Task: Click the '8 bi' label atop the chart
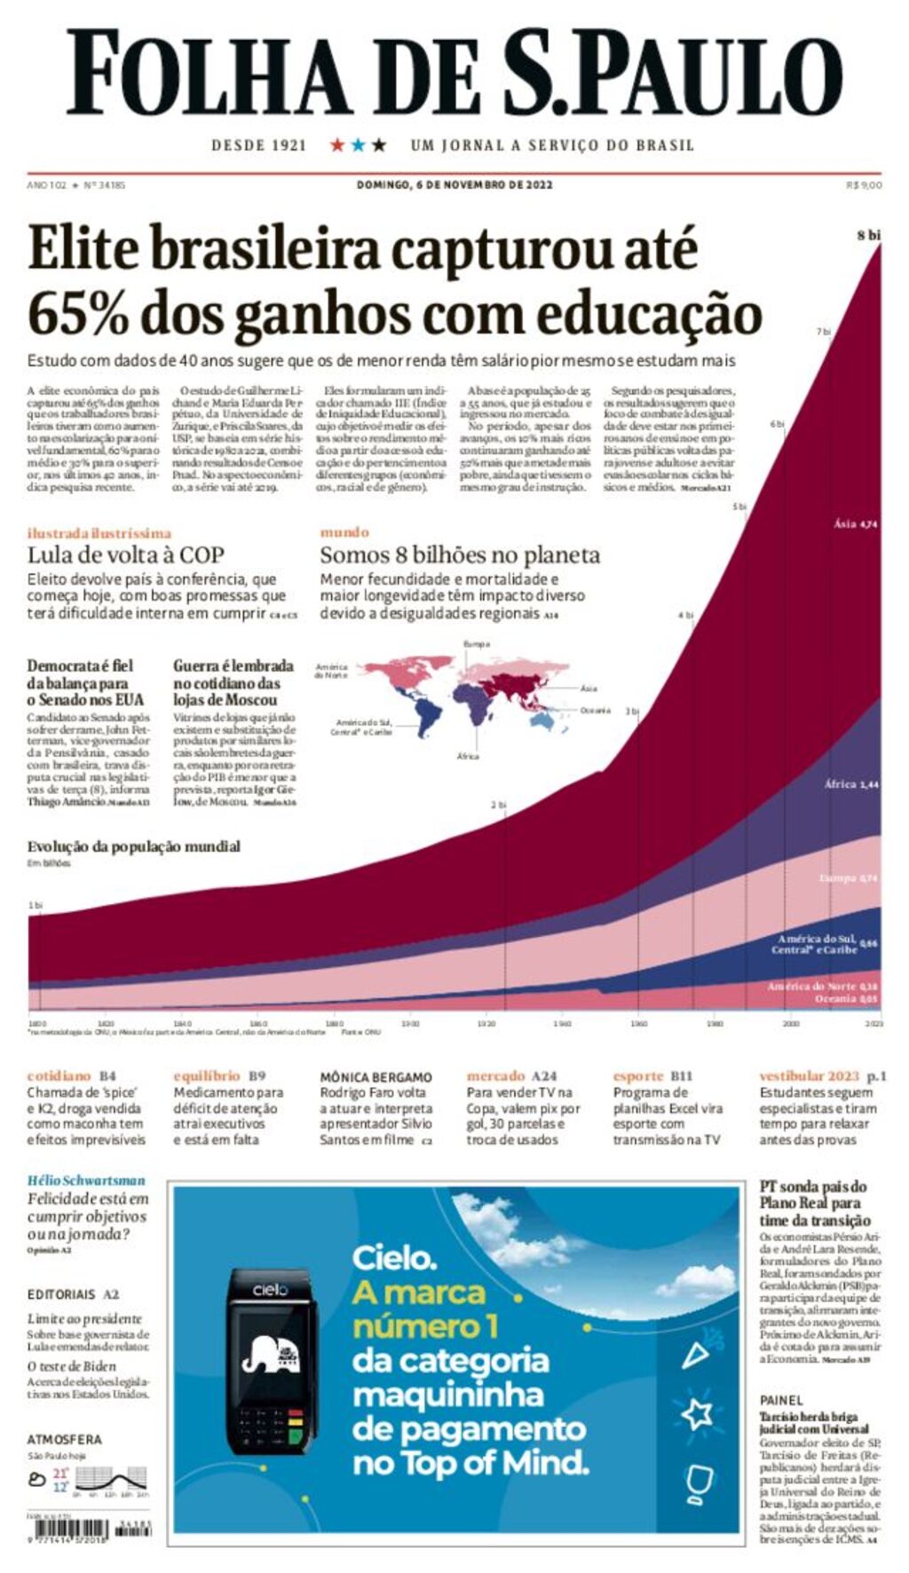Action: (868, 235)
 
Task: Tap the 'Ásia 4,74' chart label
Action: (856, 523)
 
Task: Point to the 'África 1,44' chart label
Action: (850, 784)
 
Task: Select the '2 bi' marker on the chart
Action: (499, 805)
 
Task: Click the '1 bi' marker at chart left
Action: (36, 905)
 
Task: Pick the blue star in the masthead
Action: (358, 145)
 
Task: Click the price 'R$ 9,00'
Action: (864, 185)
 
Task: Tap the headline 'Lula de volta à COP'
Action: (125, 555)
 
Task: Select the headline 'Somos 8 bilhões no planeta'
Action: (460, 555)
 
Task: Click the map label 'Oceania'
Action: (596, 711)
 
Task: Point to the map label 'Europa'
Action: (477, 644)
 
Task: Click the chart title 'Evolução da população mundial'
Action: (133, 846)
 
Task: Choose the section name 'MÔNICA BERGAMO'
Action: (375, 1077)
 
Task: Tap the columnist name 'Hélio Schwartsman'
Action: (86, 1181)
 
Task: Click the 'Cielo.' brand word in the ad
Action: (394, 1257)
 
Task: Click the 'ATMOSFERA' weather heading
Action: (64, 1439)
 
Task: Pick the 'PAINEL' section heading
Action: (781, 1400)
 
